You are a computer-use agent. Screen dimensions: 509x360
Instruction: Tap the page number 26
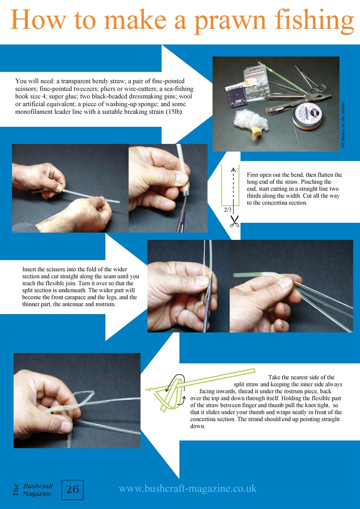(72, 490)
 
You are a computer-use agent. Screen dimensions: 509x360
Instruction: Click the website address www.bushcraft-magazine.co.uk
(188, 488)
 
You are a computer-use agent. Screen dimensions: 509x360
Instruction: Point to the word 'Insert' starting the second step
(29, 269)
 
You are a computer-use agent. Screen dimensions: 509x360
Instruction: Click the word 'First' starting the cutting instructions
(253, 175)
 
